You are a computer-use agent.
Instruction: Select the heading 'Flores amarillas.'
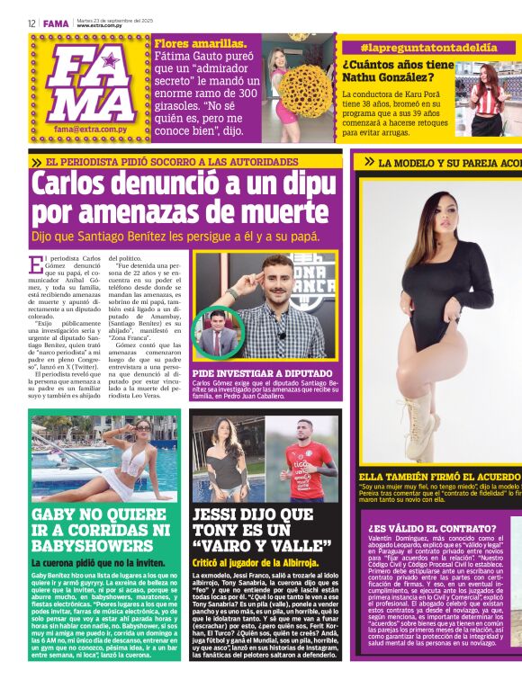point(201,43)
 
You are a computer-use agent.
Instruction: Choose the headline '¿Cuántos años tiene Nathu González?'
point(397,72)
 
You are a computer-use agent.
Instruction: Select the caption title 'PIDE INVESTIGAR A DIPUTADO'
point(260,371)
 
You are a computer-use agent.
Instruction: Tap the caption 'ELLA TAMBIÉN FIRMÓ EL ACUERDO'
point(437,477)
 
